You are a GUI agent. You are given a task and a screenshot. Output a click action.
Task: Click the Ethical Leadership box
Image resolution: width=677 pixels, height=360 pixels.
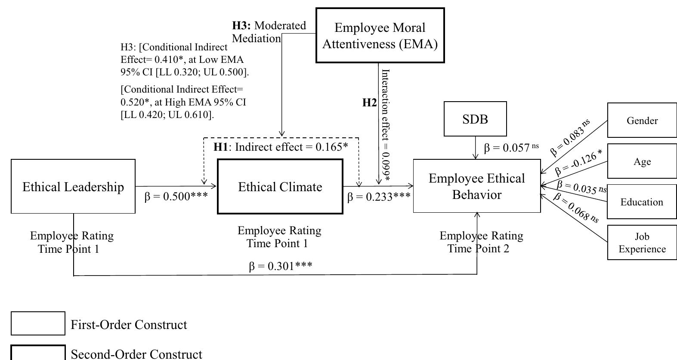tap(73, 186)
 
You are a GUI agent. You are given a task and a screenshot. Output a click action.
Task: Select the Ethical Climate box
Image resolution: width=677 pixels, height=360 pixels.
tap(280, 186)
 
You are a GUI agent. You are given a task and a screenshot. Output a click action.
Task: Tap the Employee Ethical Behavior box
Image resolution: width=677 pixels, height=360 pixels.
tap(477, 186)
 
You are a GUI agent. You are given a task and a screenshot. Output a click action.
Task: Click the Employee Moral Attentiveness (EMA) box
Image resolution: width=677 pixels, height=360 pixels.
tap(380, 35)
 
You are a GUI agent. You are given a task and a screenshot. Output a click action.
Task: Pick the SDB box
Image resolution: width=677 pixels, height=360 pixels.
tap(475, 119)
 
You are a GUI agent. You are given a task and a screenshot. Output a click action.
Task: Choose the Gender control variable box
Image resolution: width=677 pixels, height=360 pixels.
tap(642, 120)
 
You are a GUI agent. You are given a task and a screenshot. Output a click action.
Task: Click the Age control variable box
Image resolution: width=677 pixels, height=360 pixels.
tap(642, 161)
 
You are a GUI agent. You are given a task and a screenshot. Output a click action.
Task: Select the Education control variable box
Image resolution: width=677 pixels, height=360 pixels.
tap(642, 202)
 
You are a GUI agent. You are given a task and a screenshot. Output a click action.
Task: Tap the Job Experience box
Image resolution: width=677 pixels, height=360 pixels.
tap(642, 242)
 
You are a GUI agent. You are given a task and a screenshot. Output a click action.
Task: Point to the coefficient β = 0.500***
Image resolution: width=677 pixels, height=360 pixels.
tap(176, 197)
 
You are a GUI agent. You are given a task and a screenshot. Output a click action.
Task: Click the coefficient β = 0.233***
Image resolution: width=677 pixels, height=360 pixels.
tap(379, 197)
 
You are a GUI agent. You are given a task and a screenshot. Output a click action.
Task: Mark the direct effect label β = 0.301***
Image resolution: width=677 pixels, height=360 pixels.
tap(281, 266)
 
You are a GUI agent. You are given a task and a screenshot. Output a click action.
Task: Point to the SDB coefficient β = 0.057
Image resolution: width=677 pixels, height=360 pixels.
tap(511, 148)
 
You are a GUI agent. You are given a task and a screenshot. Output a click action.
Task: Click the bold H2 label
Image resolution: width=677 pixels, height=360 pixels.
tap(369, 102)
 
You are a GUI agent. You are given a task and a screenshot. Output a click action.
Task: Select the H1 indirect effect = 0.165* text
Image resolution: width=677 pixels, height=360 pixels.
tap(281, 147)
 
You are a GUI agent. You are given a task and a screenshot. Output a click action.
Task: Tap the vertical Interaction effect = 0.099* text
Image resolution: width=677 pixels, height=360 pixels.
tap(386, 125)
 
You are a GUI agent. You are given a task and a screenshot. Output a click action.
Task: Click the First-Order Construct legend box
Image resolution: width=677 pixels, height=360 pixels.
tap(38, 323)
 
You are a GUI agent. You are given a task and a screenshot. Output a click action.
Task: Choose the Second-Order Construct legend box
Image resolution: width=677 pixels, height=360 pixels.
tap(38, 353)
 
